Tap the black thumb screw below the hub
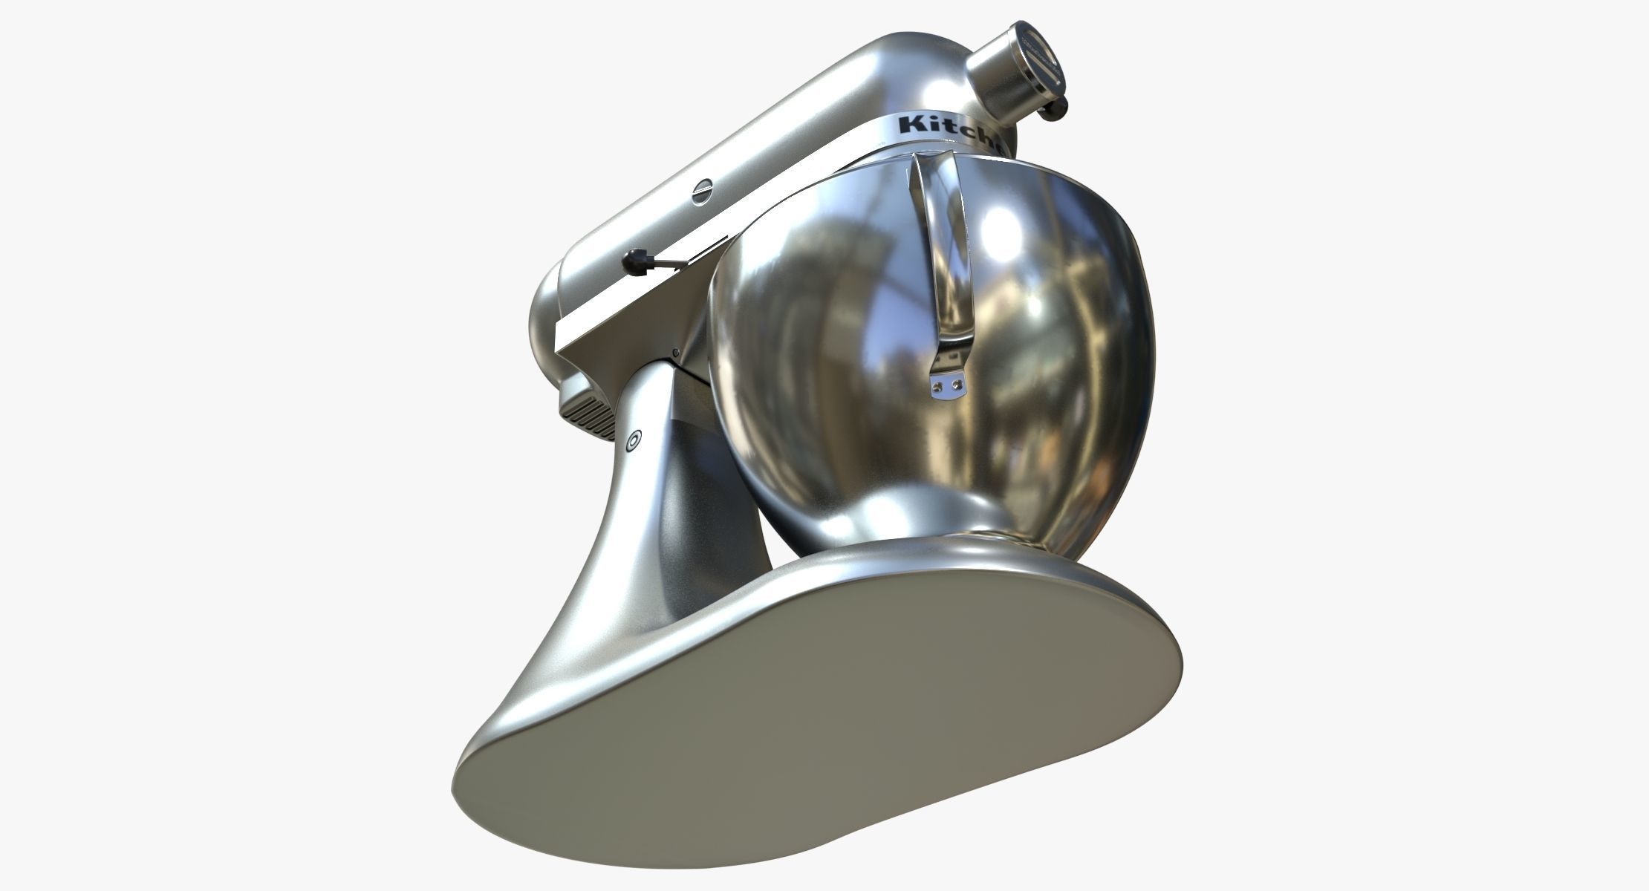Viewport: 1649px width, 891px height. click(1054, 110)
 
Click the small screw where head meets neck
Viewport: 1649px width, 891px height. click(674, 353)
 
